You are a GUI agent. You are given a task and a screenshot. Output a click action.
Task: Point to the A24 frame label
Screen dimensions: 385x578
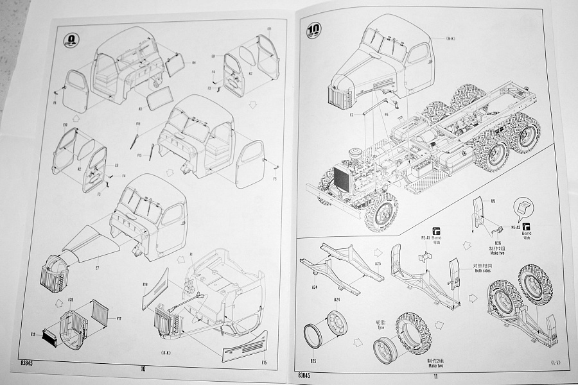[x=313, y=288]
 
